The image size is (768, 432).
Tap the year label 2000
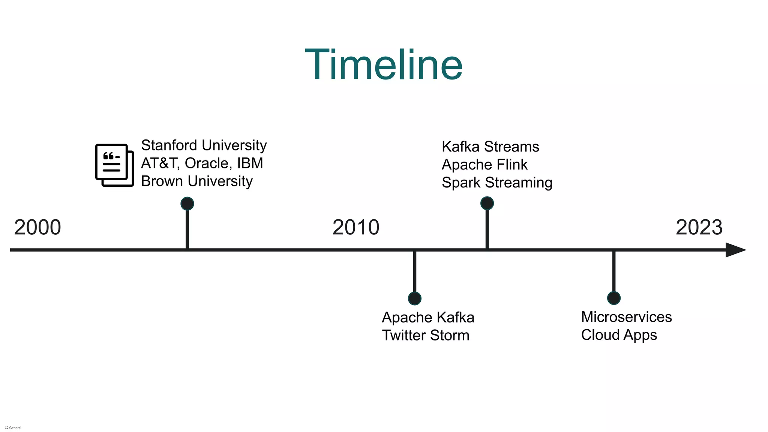37,227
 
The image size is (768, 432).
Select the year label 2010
356,227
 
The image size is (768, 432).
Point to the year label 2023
699,227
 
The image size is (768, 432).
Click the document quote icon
114,165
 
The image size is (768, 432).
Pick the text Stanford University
204,145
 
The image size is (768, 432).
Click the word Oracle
206,163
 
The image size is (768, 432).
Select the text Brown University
196,181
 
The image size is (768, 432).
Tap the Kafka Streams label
490,147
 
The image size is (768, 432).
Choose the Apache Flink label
484,165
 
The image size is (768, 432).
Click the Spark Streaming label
497,183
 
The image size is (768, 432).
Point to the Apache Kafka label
428,318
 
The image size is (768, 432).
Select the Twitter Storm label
425,336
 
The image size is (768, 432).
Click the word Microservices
626,317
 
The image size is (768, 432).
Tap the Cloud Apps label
619,335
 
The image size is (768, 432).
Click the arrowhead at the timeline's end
735,250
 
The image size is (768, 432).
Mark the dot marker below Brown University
187,204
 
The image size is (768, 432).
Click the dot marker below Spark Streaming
487,203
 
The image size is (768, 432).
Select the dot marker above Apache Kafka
414,298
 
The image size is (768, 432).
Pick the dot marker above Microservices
613,298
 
